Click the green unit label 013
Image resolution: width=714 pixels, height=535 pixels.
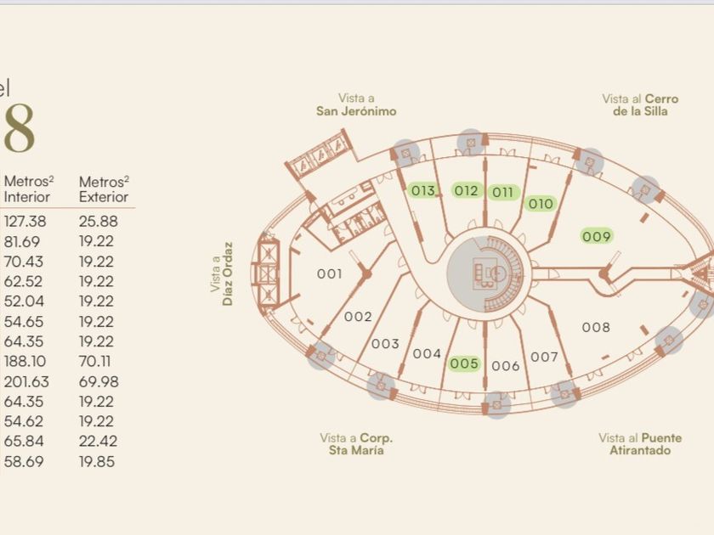click(423, 190)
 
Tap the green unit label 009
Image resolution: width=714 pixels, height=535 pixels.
click(597, 236)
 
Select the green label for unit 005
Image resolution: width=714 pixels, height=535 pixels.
click(465, 363)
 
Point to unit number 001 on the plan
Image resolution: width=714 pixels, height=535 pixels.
click(329, 273)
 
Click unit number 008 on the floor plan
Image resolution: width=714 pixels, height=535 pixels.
click(596, 327)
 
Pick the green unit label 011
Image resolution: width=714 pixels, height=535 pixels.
click(503, 192)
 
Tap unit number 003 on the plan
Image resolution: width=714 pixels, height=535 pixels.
click(385, 344)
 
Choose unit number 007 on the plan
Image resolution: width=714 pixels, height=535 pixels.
click(544, 357)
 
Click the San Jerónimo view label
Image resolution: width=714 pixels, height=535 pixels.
click(356, 104)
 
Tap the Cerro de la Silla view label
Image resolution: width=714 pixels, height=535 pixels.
click(640, 104)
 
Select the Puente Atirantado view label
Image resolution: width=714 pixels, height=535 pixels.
click(639, 443)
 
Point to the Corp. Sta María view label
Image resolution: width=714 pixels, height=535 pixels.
click(356, 443)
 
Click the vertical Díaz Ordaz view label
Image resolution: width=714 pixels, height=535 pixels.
click(222, 273)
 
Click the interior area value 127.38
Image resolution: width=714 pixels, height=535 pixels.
click(25, 221)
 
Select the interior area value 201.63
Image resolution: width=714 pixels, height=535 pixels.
click(26, 382)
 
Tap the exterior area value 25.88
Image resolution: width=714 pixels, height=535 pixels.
click(98, 221)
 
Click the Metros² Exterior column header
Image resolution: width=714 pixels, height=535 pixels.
click(104, 189)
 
